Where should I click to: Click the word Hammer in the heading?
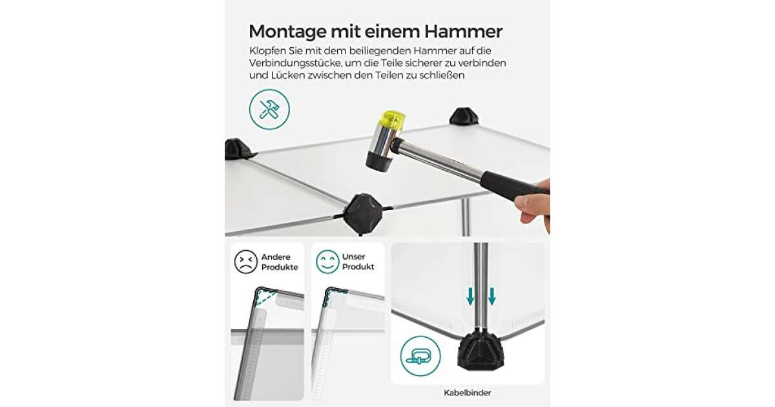coord(463,32)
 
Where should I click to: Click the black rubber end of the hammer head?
coord(380,162)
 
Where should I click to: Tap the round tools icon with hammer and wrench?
coord(269,109)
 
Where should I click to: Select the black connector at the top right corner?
coord(464,116)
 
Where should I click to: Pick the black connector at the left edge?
coord(238,149)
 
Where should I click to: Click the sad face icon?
coord(246,262)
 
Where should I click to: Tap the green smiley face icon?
coord(327,262)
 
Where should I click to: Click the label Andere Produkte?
coord(280,262)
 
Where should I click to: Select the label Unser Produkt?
coord(358,262)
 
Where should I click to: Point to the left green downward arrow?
coord(470,297)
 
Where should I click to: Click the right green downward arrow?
coord(492,297)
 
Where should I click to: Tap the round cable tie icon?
coord(420,356)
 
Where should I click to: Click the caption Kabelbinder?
coord(468,393)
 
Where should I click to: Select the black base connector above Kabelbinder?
coord(480,351)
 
